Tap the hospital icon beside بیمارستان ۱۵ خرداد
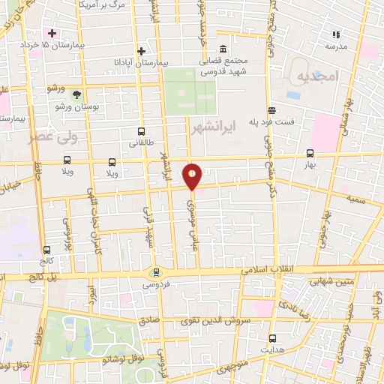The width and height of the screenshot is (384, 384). pyautogui.click(x=52, y=34)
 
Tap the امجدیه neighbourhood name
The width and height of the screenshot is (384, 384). pyautogui.click(x=318, y=77)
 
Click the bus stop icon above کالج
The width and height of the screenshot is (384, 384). pyautogui.click(x=47, y=249)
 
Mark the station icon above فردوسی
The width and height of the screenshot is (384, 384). pyautogui.click(x=156, y=272)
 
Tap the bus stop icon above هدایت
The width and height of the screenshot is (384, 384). pyautogui.click(x=272, y=338)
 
